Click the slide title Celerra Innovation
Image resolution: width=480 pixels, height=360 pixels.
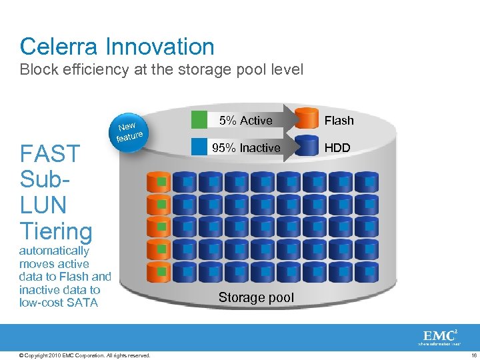(117, 47)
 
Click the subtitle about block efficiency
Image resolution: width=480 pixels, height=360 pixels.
(161, 69)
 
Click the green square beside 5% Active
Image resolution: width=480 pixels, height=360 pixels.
(199, 119)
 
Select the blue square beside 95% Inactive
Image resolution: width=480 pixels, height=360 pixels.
(199, 147)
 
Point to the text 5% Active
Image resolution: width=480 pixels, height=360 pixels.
(246, 121)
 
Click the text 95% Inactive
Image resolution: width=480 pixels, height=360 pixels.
(246, 148)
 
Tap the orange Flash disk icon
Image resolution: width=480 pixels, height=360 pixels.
(307, 119)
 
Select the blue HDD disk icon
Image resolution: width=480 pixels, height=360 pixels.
(307, 147)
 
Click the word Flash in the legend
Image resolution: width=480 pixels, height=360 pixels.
(339, 121)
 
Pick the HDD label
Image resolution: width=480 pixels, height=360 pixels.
(337, 148)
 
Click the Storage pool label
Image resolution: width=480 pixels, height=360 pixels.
(256, 298)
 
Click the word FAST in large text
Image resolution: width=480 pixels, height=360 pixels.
(50, 154)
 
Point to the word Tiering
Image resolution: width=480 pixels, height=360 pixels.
(56, 231)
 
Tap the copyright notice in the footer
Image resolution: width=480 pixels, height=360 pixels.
(85, 355)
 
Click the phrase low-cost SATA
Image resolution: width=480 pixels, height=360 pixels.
(59, 303)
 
